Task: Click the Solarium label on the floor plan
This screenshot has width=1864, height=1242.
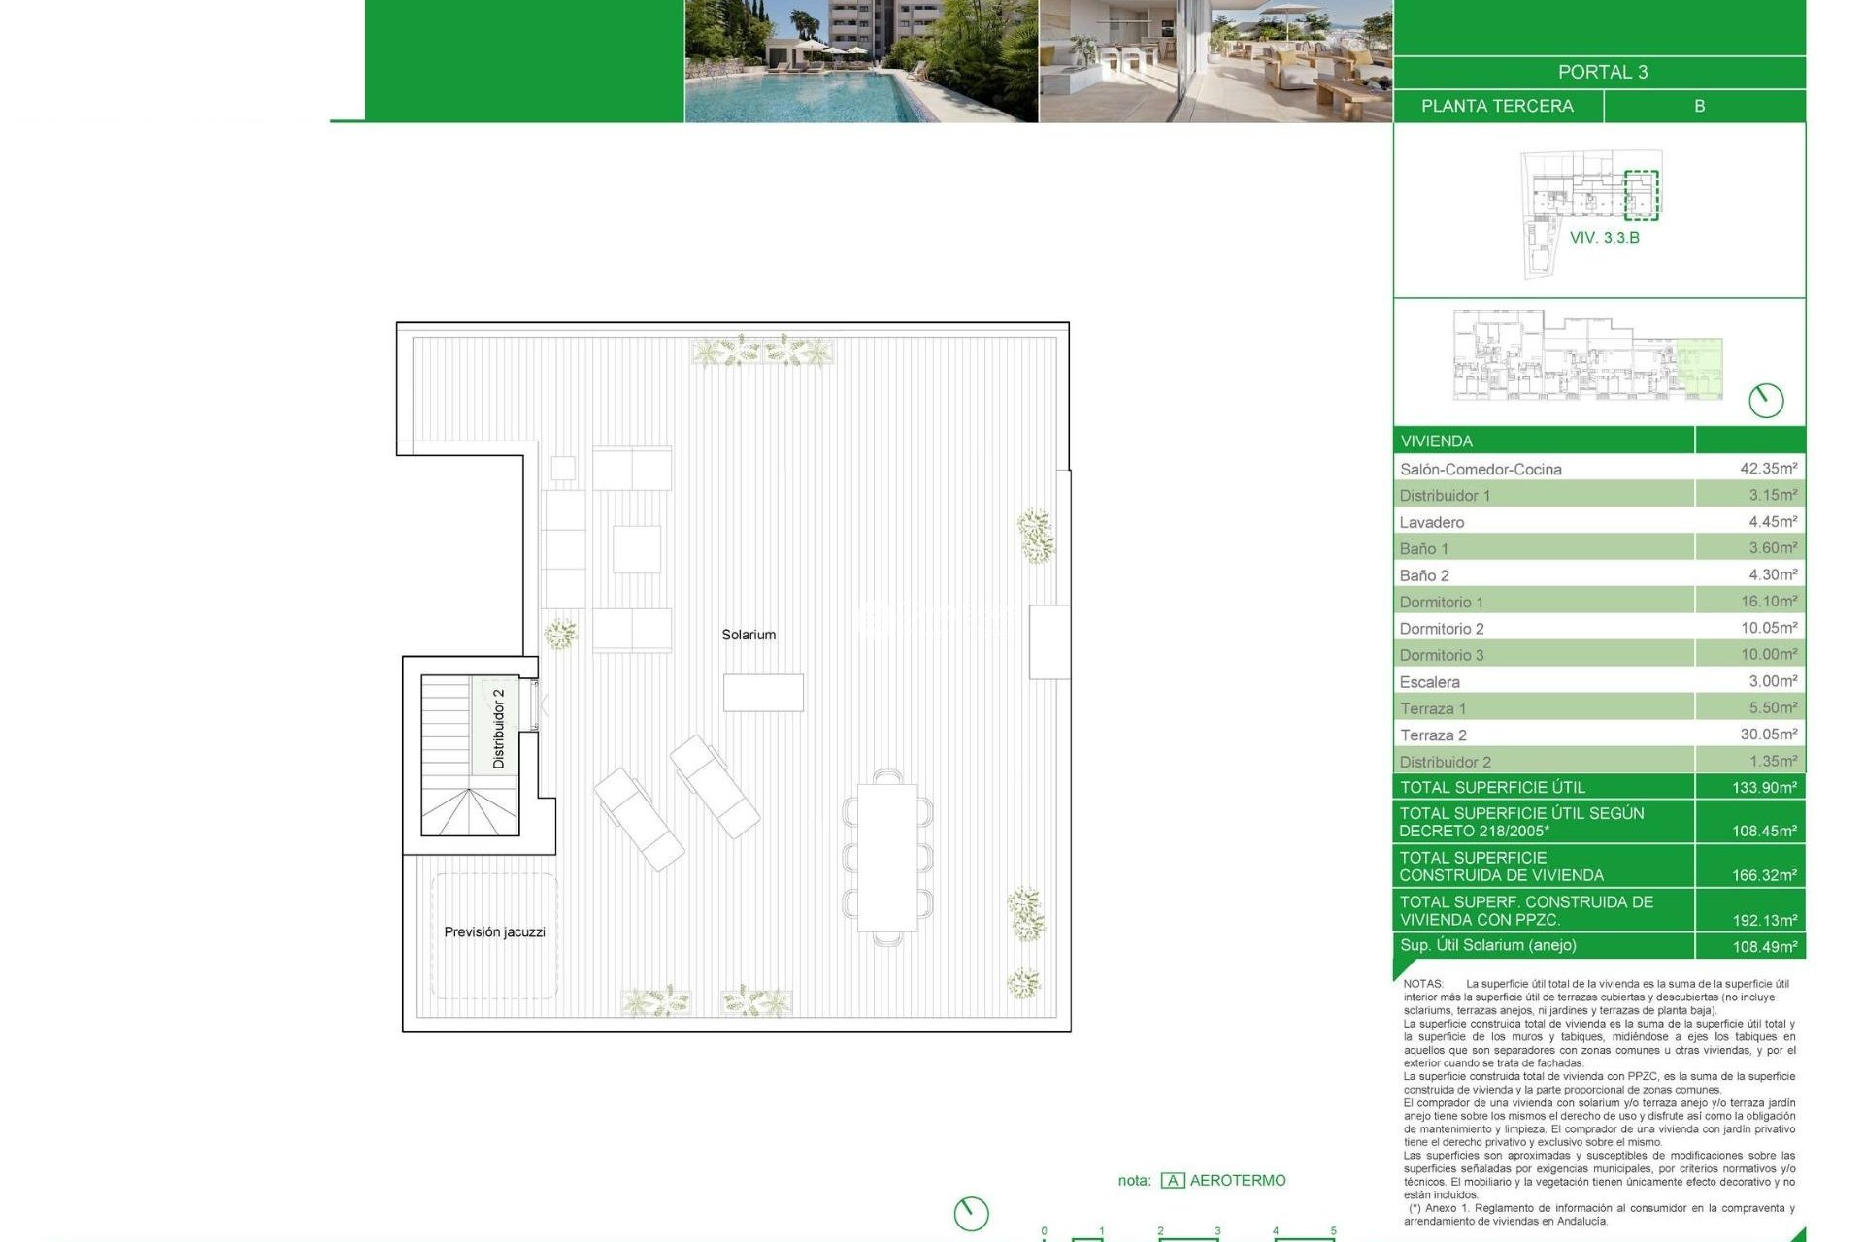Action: point(749,635)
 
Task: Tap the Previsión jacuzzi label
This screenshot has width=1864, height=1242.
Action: point(494,931)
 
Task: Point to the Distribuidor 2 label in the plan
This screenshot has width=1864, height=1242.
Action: point(499,729)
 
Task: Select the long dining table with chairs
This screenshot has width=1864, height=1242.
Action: point(887,857)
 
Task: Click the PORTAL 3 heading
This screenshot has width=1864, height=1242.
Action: point(1602,72)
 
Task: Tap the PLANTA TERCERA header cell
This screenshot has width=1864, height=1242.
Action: point(1497,106)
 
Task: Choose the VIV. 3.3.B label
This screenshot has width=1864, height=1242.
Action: point(1604,238)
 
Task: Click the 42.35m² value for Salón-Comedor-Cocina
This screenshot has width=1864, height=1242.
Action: point(1767,469)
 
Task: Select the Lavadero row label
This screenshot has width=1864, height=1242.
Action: point(1432,522)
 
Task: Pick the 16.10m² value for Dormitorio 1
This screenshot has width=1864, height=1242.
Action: point(1768,602)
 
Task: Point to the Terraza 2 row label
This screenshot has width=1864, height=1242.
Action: point(1433,735)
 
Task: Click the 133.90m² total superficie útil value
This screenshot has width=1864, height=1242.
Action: point(1764,787)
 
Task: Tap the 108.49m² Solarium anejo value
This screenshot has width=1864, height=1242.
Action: point(1764,946)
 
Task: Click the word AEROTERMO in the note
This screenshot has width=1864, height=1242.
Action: point(1238,1181)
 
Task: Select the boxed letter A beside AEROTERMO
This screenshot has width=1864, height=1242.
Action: point(1173,1181)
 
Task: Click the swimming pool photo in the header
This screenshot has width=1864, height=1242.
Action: point(861,61)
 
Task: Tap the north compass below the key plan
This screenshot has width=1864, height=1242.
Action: point(1766,400)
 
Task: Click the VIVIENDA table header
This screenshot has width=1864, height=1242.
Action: point(1437,441)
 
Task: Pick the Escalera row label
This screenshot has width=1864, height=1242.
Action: point(1429,682)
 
